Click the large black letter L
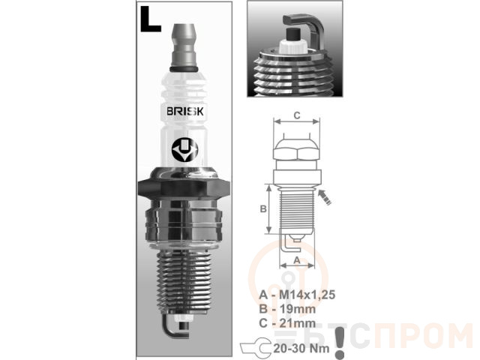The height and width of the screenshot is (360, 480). point(149,19)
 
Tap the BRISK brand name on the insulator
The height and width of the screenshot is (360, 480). point(185,111)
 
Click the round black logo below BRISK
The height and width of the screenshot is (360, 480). point(184,151)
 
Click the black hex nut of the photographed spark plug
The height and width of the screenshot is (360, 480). point(184,187)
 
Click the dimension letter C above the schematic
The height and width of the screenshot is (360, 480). point(297,115)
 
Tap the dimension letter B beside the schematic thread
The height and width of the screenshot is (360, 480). point(263,208)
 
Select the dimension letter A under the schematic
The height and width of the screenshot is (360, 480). point(297,260)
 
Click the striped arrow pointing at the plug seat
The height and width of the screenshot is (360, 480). point(325,197)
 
